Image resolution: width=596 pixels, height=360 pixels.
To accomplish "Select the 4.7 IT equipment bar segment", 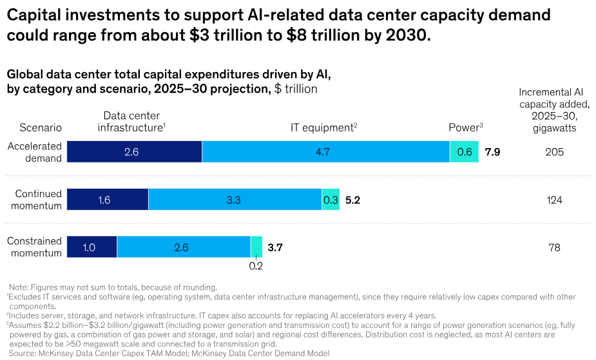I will [x=326, y=152].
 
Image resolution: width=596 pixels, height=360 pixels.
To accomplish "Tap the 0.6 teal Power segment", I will [x=464, y=152].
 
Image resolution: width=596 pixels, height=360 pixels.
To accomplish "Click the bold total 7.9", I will [x=492, y=153].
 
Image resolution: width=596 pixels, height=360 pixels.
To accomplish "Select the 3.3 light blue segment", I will [x=235, y=200].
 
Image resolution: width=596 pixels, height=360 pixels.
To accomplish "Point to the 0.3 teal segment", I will [x=331, y=200].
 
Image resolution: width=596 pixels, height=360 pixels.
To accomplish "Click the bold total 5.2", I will [x=352, y=200].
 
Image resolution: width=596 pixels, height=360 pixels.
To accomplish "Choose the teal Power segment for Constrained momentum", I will [x=256, y=247].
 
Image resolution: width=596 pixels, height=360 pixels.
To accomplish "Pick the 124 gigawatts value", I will [x=554, y=200].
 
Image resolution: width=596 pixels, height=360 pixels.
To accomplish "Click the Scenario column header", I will [x=41, y=128].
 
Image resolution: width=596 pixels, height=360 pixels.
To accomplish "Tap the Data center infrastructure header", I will [x=131, y=122].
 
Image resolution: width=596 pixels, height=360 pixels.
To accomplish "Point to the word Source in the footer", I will [x=23, y=353].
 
